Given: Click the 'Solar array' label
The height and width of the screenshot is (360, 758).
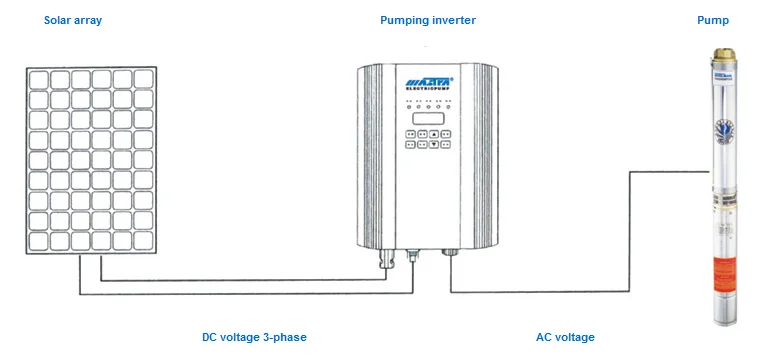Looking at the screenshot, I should point(72,20).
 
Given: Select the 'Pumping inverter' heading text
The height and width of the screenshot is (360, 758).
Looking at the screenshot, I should point(427,20).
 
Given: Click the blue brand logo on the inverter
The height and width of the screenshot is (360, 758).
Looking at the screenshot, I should point(428,81).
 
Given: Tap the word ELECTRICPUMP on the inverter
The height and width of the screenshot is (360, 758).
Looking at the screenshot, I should point(428,91).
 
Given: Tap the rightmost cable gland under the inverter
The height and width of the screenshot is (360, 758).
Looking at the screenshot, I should point(451,256).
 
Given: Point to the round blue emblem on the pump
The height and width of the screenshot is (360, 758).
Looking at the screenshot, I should point(722,131).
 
